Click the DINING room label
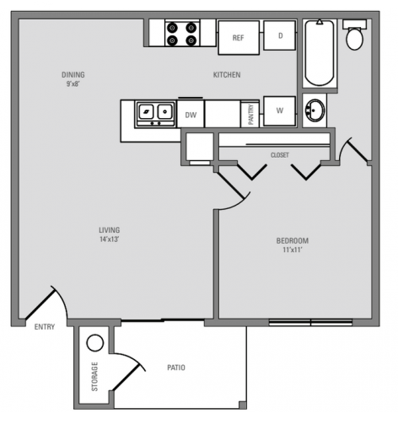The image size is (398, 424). (73, 74)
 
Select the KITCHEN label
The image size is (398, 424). (226, 75)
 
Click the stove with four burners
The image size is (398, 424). (182, 33)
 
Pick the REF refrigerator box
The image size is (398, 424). (237, 37)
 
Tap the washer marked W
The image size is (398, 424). (279, 109)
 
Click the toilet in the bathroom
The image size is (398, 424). (355, 37)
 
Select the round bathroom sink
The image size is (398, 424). (316, 110)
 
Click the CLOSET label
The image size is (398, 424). (280, 155)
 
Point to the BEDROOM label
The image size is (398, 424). (293, 241)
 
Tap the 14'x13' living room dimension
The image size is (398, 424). (109, 240)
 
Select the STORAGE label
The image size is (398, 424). (94, 377)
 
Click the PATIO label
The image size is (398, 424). (176, 368)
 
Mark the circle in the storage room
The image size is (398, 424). (94, 343)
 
